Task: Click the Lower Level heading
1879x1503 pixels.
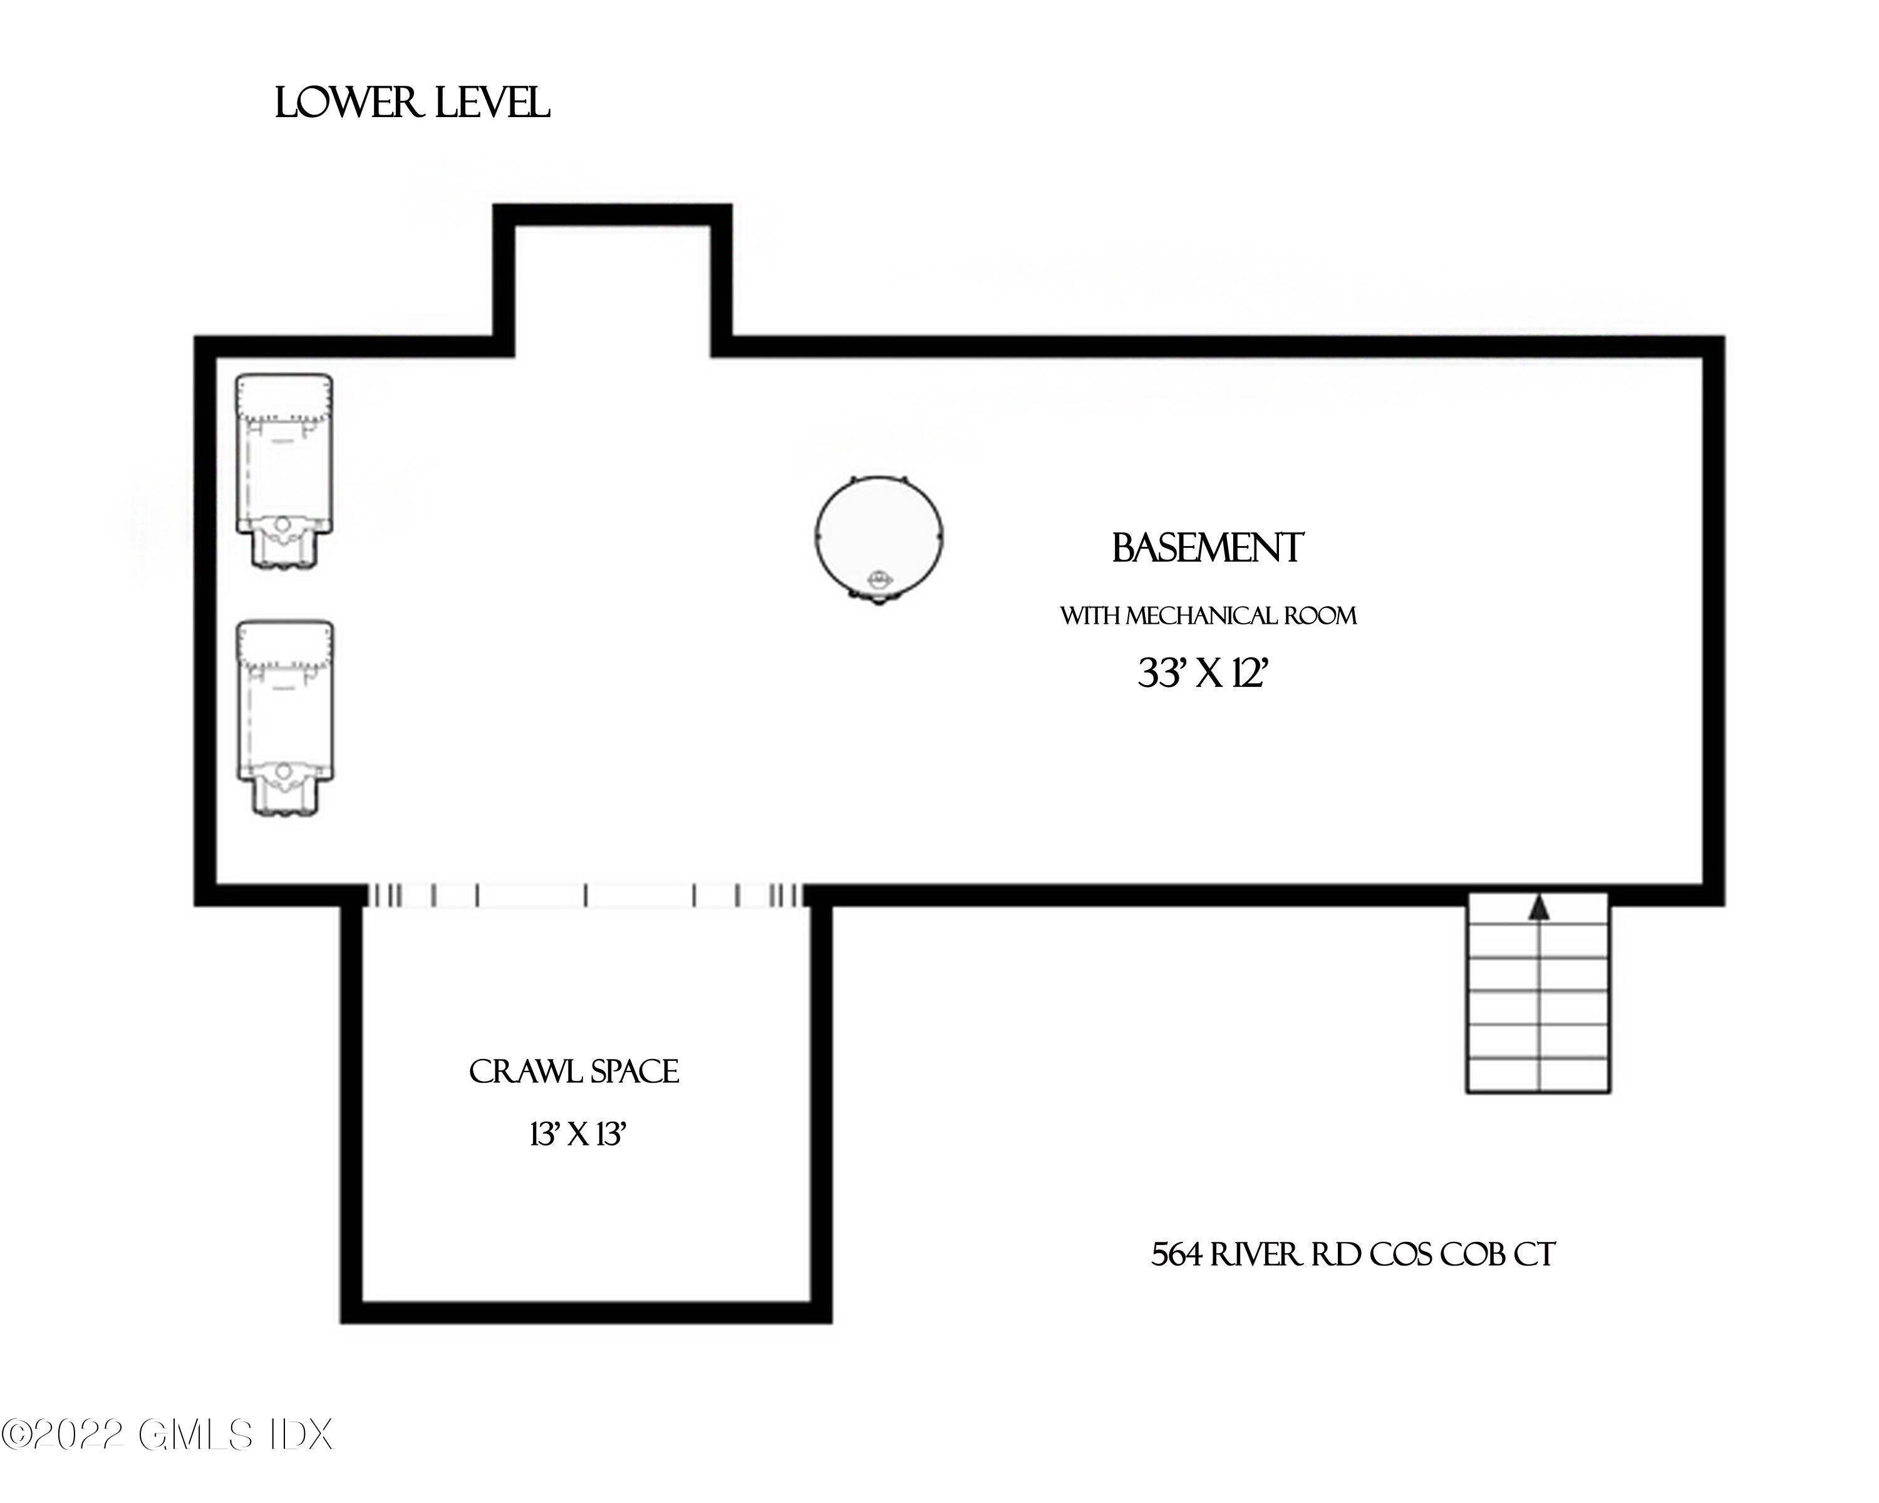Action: click(412, 104)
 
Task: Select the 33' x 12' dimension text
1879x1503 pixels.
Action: click(1201, 673)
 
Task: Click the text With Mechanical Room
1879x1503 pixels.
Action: click(1208, 616)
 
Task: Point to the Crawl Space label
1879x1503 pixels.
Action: click(574, 1072)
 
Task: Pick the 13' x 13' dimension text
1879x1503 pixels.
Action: click(578, 1134)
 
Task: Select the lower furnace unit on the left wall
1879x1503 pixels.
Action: click(285, 718)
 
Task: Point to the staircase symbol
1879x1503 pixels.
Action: click(1538, 993)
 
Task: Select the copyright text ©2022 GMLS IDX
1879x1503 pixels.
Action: click(167, 1435)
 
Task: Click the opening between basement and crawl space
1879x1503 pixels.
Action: click(584, 896)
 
